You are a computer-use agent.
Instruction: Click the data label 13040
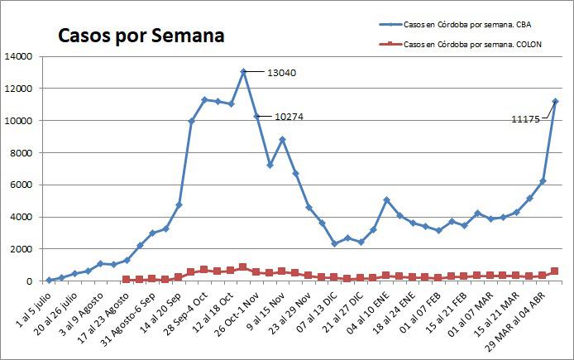click(281, 73)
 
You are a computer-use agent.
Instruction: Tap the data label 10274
click(289, 117)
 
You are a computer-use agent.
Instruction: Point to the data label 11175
click(526, 120)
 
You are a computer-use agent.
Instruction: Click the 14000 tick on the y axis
click(18, 56)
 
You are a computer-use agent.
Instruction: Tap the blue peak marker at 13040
click(243, 72)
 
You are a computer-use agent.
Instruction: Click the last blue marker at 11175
click(555, 102)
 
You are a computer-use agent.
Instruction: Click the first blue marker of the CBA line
click(49, 280)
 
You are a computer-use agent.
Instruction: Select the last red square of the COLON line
click(555, 271)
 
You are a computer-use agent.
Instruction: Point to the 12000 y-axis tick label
click(18, 89)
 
